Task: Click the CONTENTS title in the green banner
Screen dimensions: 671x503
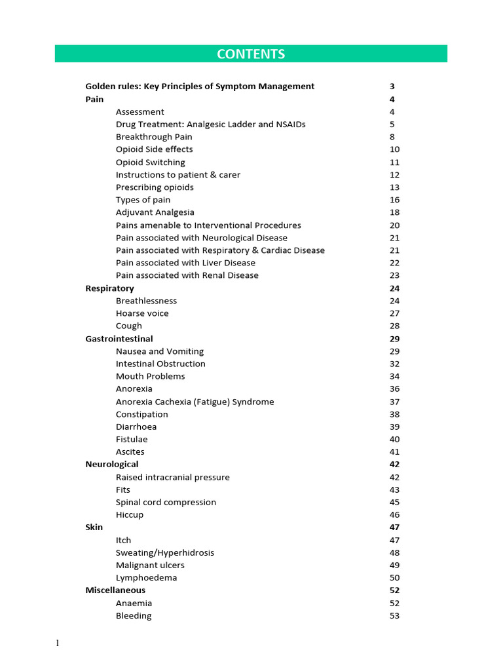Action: point(251,54)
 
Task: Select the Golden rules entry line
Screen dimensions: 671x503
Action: point(200,86)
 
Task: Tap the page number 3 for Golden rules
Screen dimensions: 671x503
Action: point(392,86)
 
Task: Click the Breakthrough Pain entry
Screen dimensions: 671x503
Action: point(154,137)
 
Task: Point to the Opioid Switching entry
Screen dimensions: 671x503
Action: point(151,163)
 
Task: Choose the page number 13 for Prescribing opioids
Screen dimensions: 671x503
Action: point(394,187)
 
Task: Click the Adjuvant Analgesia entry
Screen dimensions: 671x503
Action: point(155,212)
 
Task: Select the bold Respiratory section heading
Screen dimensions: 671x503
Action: point(109,288)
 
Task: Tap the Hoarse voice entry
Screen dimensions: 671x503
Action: point(142,313)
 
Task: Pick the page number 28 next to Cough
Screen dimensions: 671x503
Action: point(394,326)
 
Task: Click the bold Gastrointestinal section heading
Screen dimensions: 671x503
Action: point(119,339)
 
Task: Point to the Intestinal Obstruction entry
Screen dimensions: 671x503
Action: point(160,364)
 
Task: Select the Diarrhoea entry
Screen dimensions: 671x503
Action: point(136,427)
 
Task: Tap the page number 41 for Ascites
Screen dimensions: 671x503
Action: point(394,451)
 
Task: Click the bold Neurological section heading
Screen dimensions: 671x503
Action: point(112,465)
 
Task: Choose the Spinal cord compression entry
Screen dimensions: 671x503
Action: point(166,502)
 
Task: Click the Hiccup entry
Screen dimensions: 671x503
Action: point(130,515)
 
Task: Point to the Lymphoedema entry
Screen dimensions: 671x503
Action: point(146,578)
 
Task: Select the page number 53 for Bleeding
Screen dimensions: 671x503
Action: point(394,616)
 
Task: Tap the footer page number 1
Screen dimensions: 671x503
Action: point(58,643)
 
